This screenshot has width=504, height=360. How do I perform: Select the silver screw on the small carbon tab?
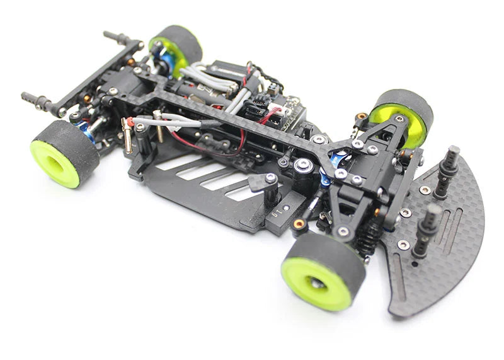[x=270, y=179]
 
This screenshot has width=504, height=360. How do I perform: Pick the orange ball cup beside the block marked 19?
[x=299, y=223]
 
